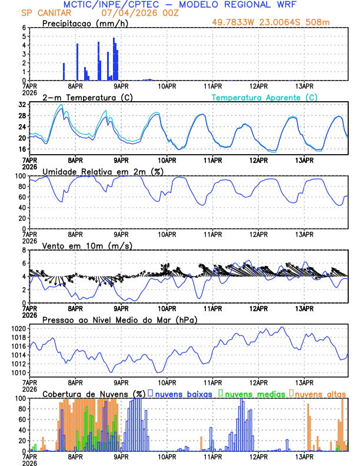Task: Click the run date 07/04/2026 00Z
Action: point(135,13)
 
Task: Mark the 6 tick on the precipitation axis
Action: point(24,28)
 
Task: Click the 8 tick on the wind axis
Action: point(24,250)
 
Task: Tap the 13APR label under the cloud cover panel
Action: point(304,457)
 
